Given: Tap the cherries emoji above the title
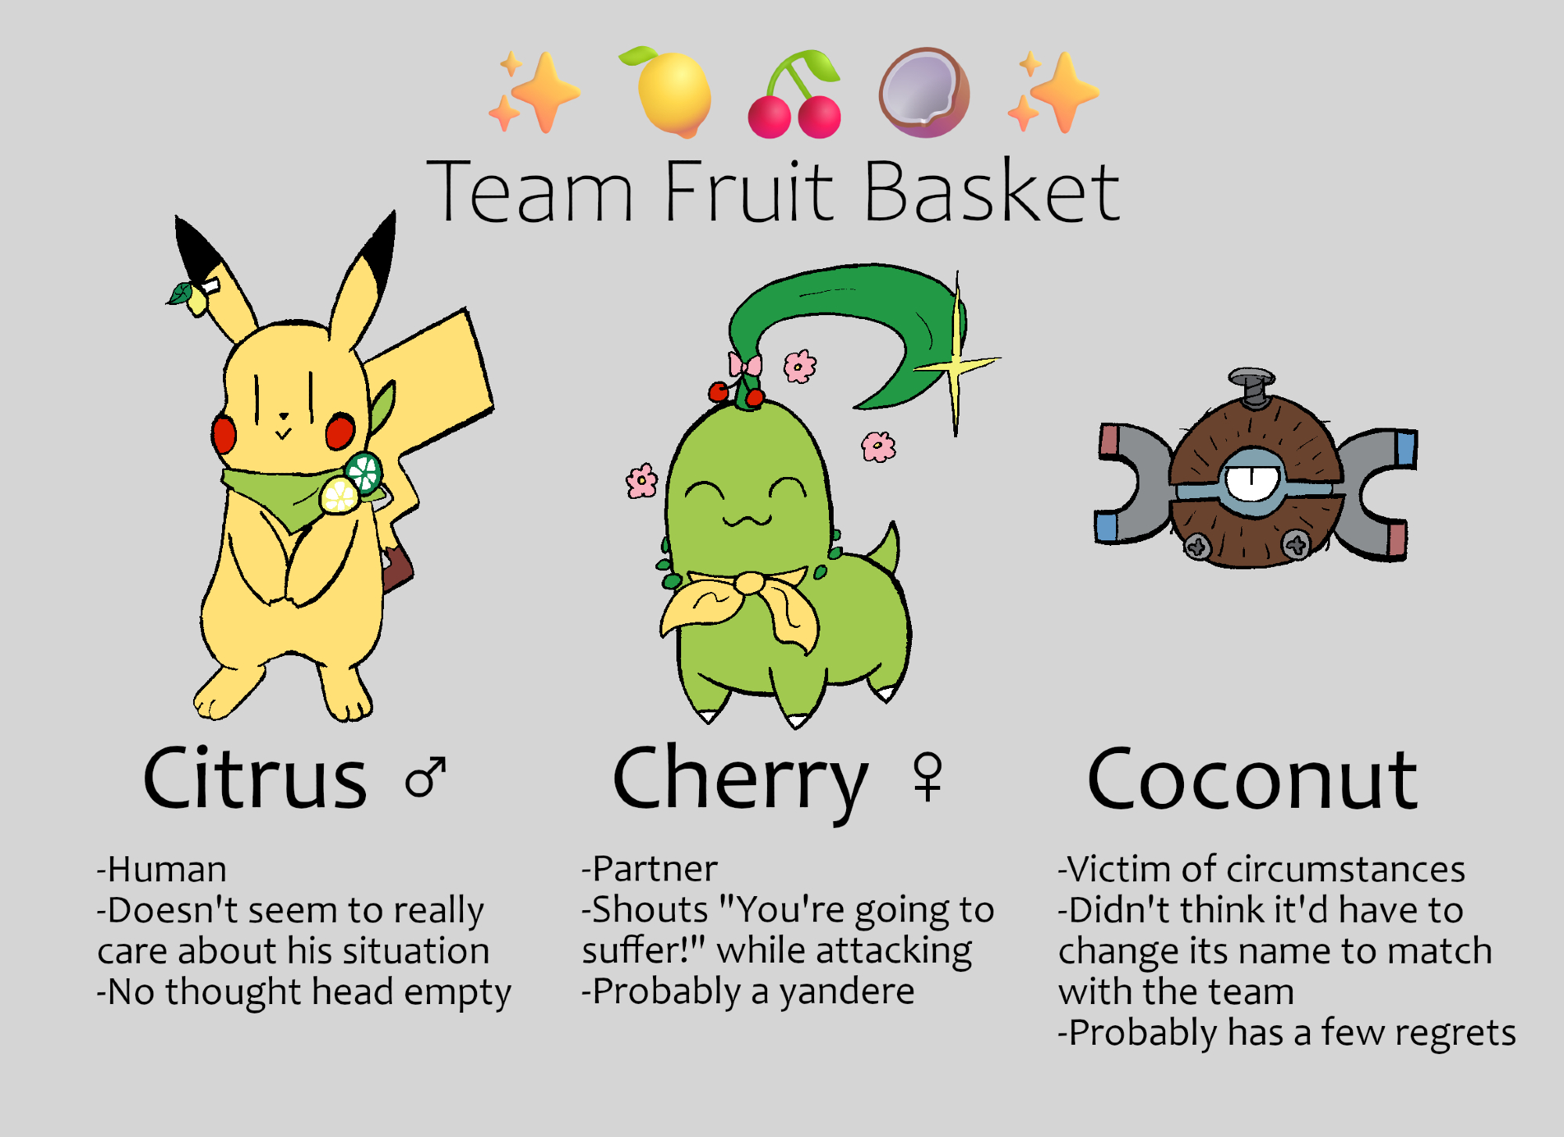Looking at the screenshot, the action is click(x=795, y=94).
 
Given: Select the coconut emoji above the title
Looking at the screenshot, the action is click(x=924, y=92).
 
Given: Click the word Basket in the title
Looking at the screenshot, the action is click(x=992, y=192).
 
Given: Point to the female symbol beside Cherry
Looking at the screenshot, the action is click(x=928, y=777).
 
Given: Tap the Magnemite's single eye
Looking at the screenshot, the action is click(x=1251, y=482).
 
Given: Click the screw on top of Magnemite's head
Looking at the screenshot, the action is click(x=1253, y=388).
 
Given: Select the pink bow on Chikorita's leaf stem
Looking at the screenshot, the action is click(x=744, y=364).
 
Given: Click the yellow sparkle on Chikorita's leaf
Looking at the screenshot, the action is click(x=956, y=360).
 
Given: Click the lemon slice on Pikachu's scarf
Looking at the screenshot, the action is click(x=339, y=496).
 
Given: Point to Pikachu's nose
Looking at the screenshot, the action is click(x=284, y=415).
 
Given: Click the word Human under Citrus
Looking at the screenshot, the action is click(x=167, y=869).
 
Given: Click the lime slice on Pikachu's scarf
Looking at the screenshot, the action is click(x=364, y=472).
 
